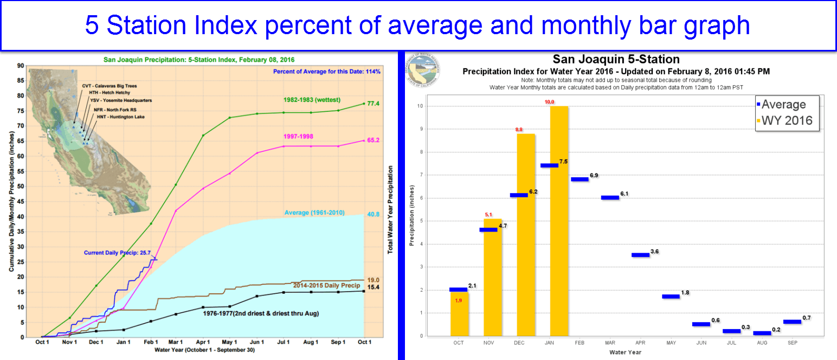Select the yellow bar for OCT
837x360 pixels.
click(x=459, y=314)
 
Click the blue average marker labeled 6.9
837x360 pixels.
click(x=580, y=179)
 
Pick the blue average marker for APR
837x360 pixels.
click(x=640, y=255)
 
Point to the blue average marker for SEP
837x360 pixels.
click(x=792, y=322)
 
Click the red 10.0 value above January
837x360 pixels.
click(x=558, y=101)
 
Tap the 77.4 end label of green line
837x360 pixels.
click(x=374, y=104)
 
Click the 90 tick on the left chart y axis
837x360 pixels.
click(x=21, y=66)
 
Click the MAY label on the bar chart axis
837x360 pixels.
click(x=671, y=343)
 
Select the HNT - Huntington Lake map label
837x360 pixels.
click(x=120, y=117)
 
